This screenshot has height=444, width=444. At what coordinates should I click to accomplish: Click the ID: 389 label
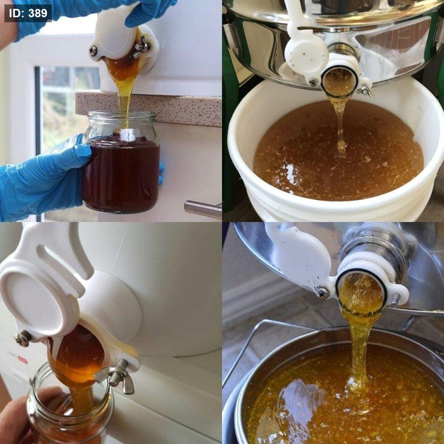click(x=28, y=13)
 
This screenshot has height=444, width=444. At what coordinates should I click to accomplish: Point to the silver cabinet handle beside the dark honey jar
click(x=203, y=210)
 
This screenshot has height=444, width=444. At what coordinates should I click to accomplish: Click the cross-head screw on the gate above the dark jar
click(x=93, y=51)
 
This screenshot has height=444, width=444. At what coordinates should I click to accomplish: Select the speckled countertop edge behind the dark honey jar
click(x=148, y=109)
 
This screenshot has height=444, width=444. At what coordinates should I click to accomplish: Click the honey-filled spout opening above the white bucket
click(x=339, y=82)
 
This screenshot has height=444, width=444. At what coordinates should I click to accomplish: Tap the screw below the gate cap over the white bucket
click(x=313, y=82)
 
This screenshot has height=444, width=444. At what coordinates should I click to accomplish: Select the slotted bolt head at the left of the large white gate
click(x=23, y=338)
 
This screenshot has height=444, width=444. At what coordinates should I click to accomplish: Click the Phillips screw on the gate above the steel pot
click(x=322, y=293)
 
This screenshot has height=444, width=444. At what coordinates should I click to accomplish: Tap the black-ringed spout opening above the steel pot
click(x=361, y=293)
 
